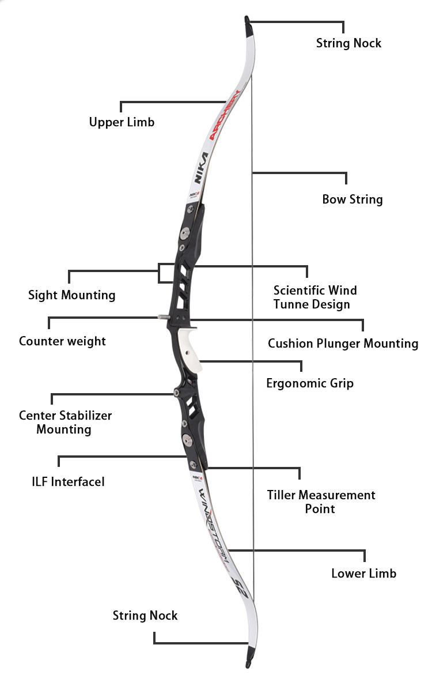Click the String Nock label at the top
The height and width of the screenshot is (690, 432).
(348, 43)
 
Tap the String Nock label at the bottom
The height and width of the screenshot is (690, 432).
(145, 616)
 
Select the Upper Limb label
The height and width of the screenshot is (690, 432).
(122, 122)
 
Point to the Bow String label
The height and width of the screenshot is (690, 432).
(352, 199)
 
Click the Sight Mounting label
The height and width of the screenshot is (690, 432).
(72, 295)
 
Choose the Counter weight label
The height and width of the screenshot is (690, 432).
(62, 341)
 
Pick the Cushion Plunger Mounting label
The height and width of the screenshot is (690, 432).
(343, 344)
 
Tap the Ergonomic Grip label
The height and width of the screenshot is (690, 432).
(310, 383)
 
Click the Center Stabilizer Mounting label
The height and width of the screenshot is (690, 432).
(65, 422)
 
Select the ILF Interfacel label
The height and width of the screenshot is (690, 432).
(68, 481)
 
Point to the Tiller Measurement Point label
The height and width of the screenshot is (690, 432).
(321, 502)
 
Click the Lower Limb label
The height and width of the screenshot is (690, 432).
(363, 574)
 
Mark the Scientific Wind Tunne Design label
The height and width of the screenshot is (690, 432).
(314, 297)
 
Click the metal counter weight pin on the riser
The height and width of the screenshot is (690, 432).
(162, 316)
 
